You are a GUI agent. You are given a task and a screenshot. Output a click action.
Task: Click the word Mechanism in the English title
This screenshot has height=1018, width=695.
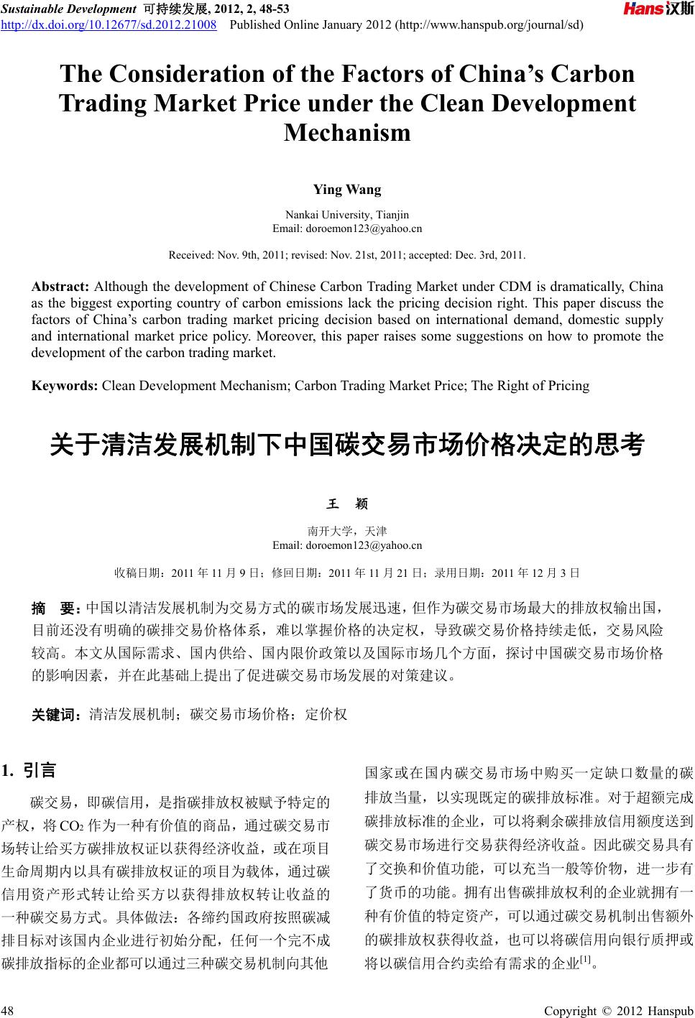click(x=347, y=133)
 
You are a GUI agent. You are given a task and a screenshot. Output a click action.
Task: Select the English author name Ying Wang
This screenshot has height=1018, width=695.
click(x=347, y=190)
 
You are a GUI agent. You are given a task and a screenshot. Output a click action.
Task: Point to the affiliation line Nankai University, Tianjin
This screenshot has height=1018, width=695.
click(x=347, y=215)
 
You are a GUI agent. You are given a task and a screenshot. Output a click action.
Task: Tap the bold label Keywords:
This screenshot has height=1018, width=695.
click(x=65, y=386)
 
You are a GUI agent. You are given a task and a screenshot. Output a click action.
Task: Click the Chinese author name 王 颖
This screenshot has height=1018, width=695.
click(x=347, y=505)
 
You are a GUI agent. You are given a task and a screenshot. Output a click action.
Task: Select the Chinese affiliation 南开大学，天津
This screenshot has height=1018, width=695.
click(x=347, y=531)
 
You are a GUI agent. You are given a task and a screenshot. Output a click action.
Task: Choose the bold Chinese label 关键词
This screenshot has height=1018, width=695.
click(x=59, y=715)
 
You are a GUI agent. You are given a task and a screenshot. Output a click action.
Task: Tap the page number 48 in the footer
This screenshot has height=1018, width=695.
click(x=9, y=1011)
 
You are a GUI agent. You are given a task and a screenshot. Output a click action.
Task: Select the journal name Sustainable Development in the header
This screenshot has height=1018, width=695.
click(x=68, y=9)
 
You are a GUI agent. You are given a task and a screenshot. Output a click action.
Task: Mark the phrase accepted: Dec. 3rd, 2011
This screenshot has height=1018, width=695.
click(x=469, y=255)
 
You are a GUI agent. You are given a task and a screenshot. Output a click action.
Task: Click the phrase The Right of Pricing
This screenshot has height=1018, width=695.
click(x=531, y=386)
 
